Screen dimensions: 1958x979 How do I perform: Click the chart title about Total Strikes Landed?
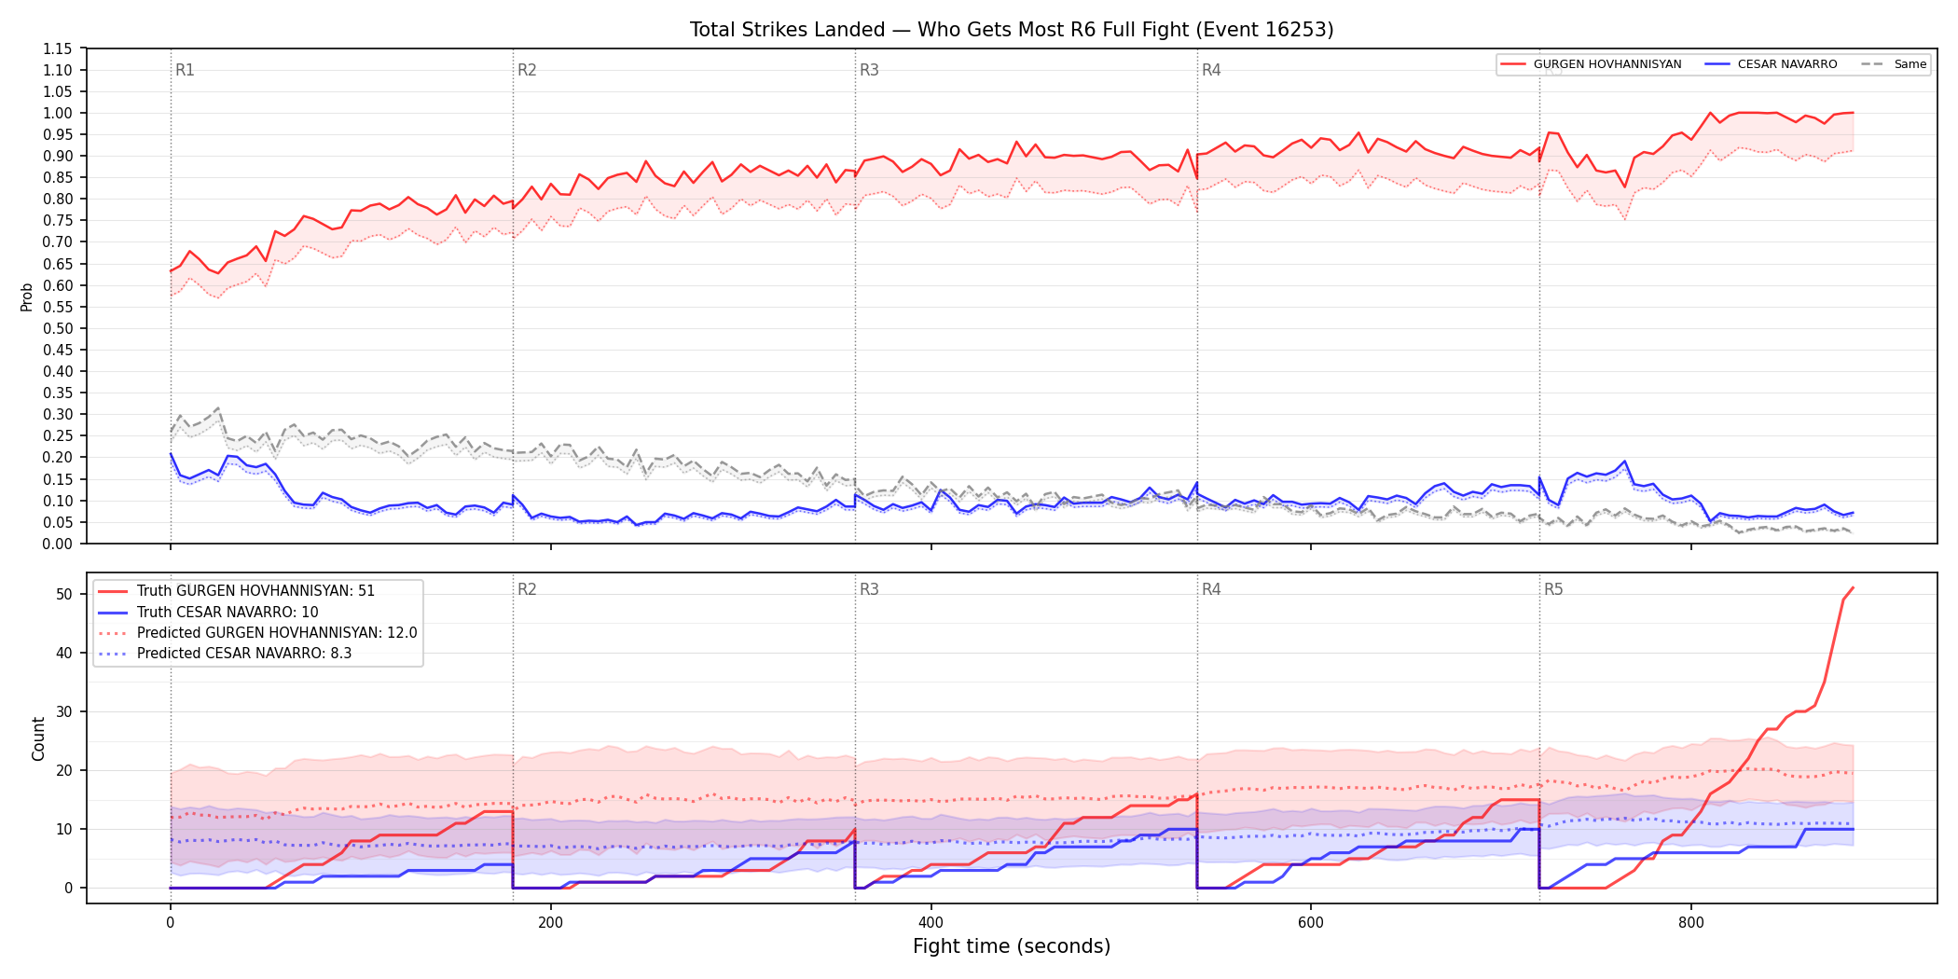click(1012, 30)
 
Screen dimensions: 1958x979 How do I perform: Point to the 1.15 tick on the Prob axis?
click(57, 48)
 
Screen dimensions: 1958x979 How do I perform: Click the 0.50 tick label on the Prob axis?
click(57, 328)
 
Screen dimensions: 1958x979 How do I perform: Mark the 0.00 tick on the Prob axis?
click(57, 544)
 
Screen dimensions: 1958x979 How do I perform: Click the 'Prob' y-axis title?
click(27, 296)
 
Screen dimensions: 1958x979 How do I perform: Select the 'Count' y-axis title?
click(38, 738)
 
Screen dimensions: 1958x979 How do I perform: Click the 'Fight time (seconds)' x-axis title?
click(1012, 946)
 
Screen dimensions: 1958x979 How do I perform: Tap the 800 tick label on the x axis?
click(1690, 923)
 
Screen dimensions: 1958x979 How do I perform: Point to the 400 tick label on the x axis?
click(931, 923)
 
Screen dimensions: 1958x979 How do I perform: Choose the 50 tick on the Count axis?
click(64, 594)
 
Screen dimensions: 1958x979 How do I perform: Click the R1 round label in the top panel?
click(185, 70)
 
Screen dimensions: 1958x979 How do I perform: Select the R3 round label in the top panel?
click(869, 70)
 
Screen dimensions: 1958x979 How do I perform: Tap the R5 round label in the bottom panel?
click(1553, 589)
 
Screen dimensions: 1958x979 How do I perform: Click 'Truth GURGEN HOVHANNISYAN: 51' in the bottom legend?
click(255, 591)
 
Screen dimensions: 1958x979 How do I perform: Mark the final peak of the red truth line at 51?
click(1853, 588)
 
